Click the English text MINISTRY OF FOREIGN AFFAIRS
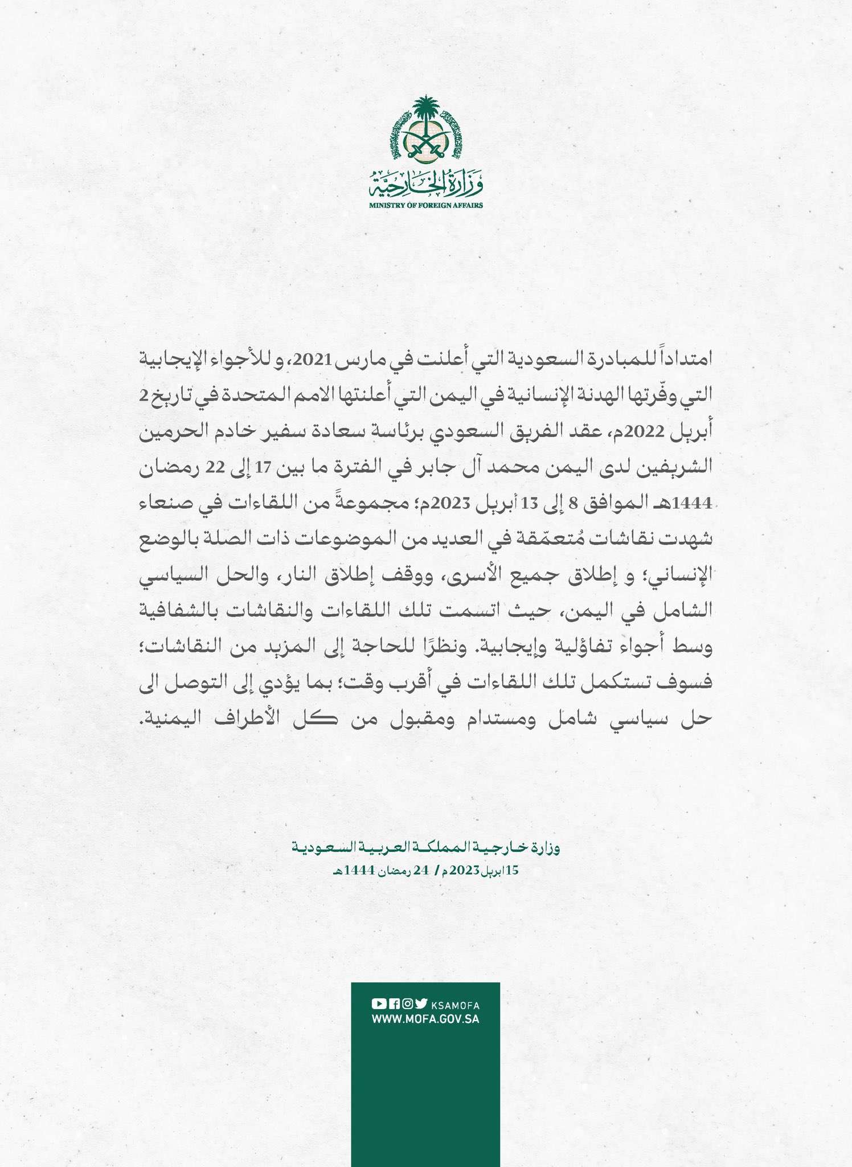[x=425, y=205]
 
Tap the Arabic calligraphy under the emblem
[x=425, y=182]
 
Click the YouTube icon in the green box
[x=378, y=1004]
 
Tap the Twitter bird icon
[x=421, y=1004]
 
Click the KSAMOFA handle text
[x=456, y=1005]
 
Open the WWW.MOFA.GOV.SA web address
[x=425, y=1019]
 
